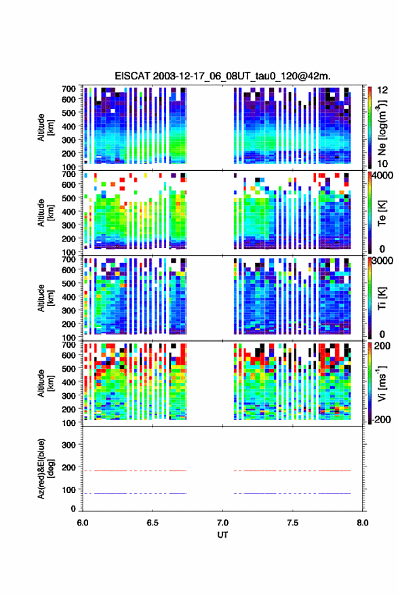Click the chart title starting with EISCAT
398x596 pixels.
222,76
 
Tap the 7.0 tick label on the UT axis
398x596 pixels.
223,523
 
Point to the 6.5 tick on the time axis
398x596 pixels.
153,523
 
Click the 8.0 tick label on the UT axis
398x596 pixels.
362,523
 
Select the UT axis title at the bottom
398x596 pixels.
222,535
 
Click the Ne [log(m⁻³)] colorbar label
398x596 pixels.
382,127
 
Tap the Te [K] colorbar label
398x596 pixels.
382,213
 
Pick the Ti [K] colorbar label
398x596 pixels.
382,298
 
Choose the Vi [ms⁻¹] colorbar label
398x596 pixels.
382,383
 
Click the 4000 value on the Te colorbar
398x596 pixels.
383,176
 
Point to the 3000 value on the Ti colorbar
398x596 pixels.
383,261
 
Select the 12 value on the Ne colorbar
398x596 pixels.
383,90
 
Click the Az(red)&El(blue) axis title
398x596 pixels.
45,469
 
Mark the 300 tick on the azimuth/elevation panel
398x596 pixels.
68,445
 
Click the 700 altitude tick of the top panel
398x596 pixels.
68,89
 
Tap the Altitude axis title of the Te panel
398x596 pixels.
45,212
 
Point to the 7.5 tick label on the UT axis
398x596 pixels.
292,523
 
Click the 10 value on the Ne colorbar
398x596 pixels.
383,163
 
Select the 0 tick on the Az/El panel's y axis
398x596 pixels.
73,509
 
